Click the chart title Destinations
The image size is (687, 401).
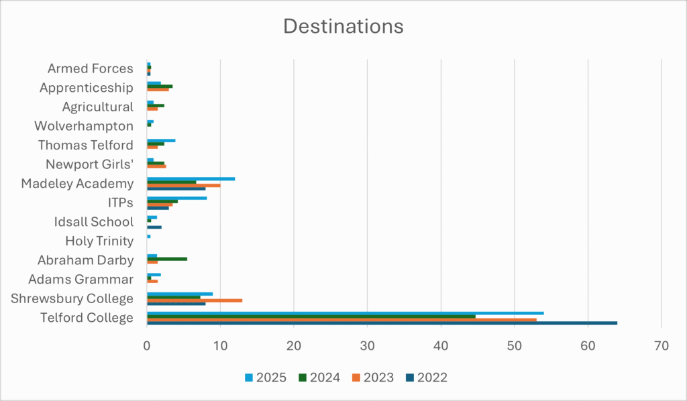coord(343,26)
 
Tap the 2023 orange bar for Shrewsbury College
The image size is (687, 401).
coord(195,300)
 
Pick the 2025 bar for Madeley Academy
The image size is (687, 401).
coord(191,179)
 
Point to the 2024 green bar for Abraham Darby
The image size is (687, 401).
coord(167,258)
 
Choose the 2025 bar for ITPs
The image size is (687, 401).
coord(177,198)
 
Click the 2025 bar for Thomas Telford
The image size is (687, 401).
coord(161,140)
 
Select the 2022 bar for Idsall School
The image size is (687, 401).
coord(154,227)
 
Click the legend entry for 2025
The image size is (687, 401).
coord(266,377)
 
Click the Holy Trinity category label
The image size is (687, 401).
coord(99,241)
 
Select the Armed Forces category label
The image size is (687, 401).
coord(91,68)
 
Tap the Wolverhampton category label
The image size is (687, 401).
coord(84,126)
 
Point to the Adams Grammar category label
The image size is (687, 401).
coord(81,279)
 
